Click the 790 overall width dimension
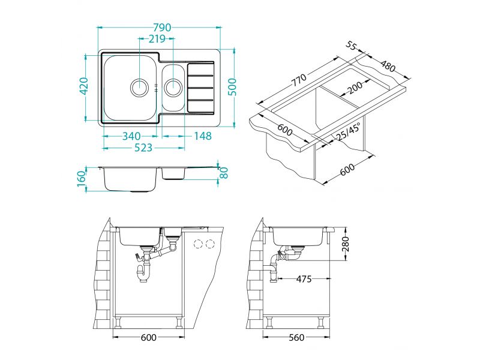point(162,28)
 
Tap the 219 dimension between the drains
point(157,39)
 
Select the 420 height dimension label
point(83,86)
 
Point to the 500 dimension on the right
point(233,87)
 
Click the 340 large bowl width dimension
point(131,136)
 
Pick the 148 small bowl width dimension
point(203,136)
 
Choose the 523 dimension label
point(143,148)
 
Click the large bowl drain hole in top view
point(140,88)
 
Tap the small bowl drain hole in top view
point(173,87)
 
